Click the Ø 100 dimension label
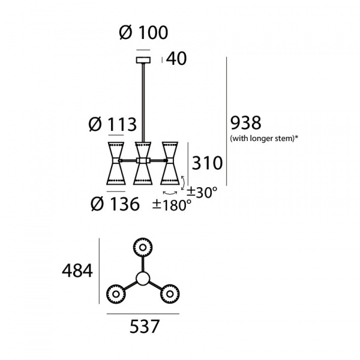click(x=144, y=32)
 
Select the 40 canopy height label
click(x=176, y=59)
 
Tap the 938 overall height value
click(x=245, y=123)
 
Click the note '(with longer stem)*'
click(x=264, y=138)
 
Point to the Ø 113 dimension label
click(x=113, y=125)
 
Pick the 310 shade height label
click(x=207, y=163)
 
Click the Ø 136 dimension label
click(x=115, y=204)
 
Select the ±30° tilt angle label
click(x=202, y=193)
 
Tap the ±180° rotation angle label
click(x=172, y=205)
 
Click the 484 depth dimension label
click(x=77, y=271)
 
